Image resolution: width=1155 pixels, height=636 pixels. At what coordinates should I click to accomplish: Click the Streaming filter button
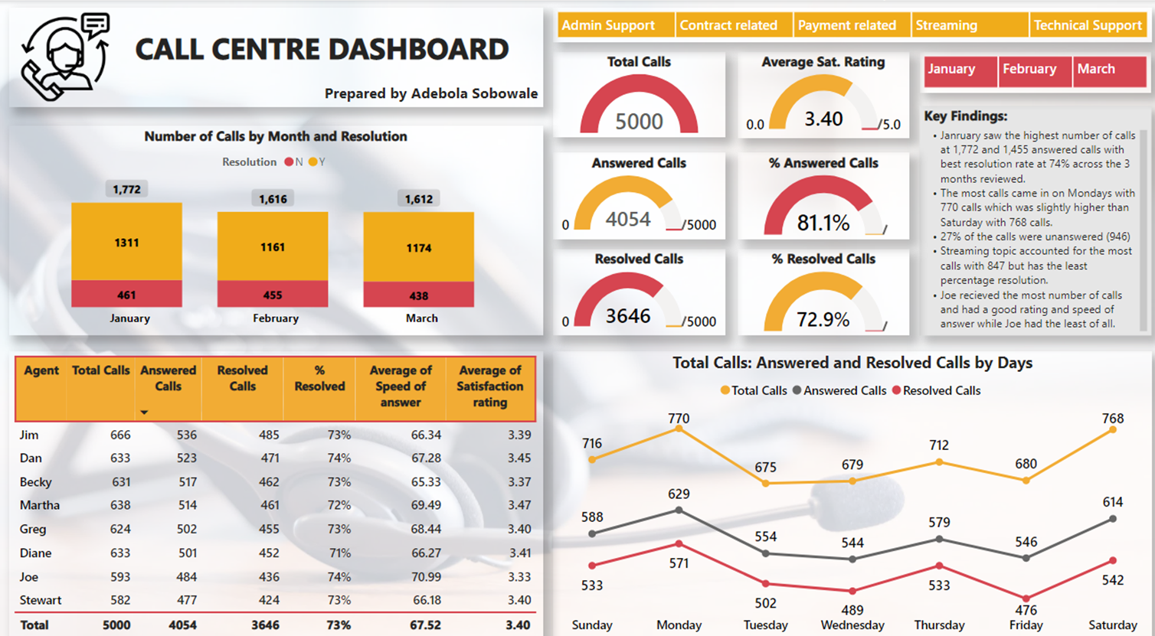969,25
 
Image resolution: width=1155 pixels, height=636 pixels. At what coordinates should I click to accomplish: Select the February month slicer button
1034,70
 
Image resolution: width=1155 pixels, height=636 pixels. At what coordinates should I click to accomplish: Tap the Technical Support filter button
1088,25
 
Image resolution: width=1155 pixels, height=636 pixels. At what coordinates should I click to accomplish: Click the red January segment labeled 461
126,295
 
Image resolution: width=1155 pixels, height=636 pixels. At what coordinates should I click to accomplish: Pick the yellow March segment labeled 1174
418,248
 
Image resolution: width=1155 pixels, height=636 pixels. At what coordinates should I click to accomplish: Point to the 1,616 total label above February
273,199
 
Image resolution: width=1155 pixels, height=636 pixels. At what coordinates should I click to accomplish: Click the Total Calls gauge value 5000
639,122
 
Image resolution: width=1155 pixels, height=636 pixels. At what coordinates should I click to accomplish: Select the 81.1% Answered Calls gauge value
823,223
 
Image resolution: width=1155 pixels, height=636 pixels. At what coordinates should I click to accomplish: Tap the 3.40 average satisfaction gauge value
823,119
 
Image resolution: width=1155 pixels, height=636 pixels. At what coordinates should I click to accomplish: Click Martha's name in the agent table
40,505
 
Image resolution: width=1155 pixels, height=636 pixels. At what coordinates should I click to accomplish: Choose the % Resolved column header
319,379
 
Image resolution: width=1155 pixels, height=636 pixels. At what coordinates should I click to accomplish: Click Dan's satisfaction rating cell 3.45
519,458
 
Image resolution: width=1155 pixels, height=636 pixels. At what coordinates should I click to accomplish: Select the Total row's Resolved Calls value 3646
265,625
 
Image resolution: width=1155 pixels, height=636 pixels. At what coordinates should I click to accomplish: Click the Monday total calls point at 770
679,429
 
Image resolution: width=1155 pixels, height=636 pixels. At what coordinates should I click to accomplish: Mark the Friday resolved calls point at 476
1026,598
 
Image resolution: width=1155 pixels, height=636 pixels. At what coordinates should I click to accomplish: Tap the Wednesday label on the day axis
852,625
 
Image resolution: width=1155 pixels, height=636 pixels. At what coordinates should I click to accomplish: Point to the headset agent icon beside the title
65,57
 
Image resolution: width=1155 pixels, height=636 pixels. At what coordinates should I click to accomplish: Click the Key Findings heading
965,116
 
